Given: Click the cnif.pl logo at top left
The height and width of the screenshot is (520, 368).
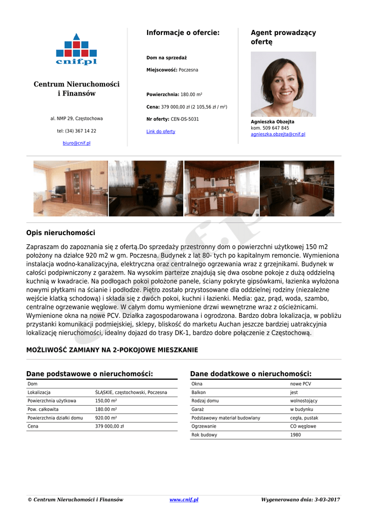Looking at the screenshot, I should click(76, 49).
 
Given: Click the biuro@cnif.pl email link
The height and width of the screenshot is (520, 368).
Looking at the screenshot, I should click(77, 143).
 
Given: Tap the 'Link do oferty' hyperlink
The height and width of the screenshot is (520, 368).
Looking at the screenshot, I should click(161, 132).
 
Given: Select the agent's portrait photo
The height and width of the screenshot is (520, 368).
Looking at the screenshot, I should click(283, 84).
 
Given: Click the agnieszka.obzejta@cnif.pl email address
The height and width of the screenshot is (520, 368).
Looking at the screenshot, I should click(278, 135).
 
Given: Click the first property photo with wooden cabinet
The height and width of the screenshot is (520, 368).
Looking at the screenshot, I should click(71, 188).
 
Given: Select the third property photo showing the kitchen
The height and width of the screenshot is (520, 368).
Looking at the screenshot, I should click(221, 188).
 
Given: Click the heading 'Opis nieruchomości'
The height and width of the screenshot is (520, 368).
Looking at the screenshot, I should click(60, 233).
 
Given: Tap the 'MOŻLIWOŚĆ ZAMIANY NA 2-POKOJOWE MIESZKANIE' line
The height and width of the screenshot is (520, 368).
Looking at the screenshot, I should click(112, 350).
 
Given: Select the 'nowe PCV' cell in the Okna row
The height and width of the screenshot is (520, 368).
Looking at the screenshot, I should click(300, 384).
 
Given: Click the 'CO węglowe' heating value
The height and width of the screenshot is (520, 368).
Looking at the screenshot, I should click(303, 427).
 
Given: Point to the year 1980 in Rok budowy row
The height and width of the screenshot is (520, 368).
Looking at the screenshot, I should click(295, 435).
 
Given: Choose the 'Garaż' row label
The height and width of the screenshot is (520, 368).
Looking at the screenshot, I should click(198, 409).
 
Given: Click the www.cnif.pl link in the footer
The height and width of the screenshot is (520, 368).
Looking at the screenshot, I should click(184, 500).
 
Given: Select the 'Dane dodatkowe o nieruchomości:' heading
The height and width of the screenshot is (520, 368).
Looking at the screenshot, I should click(251, 374).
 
